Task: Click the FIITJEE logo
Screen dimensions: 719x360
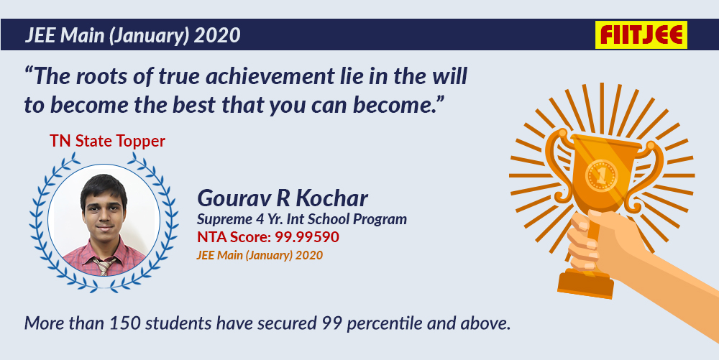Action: (x=641, y=34)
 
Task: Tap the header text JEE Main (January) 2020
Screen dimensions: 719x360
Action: (x=132, y=35)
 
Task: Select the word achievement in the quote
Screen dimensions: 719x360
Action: (x=270, y=76)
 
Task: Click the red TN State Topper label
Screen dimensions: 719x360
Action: (x=107, y=141)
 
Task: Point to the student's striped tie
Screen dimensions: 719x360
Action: (x=104, y=264)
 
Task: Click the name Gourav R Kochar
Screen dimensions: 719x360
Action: (x=283, y=198)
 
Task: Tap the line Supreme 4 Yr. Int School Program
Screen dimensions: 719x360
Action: (x=302, y=219)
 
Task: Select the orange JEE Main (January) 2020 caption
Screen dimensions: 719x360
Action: (x=260, y=255)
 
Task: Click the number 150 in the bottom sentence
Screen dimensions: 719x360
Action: (x=124, y=323)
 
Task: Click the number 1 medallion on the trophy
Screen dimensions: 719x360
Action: (x=601, y=175)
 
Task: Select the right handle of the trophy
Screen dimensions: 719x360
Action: (x=647, y=174)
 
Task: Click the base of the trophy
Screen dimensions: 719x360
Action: (x=585, y=283)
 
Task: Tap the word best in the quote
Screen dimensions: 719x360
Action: (x=194, y=105)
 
